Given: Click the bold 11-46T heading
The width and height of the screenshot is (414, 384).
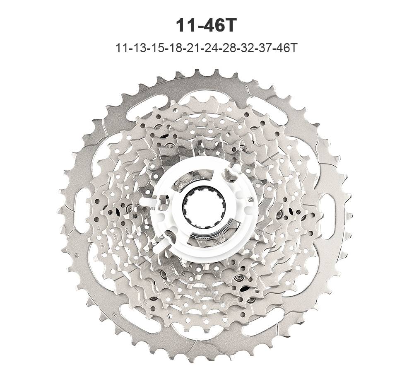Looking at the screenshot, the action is (x=205, y=26).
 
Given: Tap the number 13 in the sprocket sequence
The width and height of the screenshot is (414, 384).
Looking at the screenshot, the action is (x=140, y=48).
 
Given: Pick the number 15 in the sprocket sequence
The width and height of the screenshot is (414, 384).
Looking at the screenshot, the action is (x=159, y=48).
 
